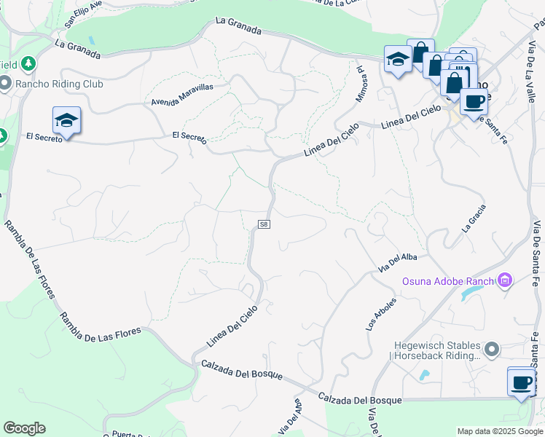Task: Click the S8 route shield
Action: point(264,224)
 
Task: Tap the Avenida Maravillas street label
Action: point(182,94)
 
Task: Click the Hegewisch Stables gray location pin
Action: point(493,350)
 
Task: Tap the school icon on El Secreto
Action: point(66,121)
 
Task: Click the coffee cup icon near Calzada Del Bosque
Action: point(521,382)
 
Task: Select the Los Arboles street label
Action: point(381,314)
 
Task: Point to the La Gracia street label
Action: point(474,218)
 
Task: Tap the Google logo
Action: point(24,428)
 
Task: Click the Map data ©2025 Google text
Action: point(500,431)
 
